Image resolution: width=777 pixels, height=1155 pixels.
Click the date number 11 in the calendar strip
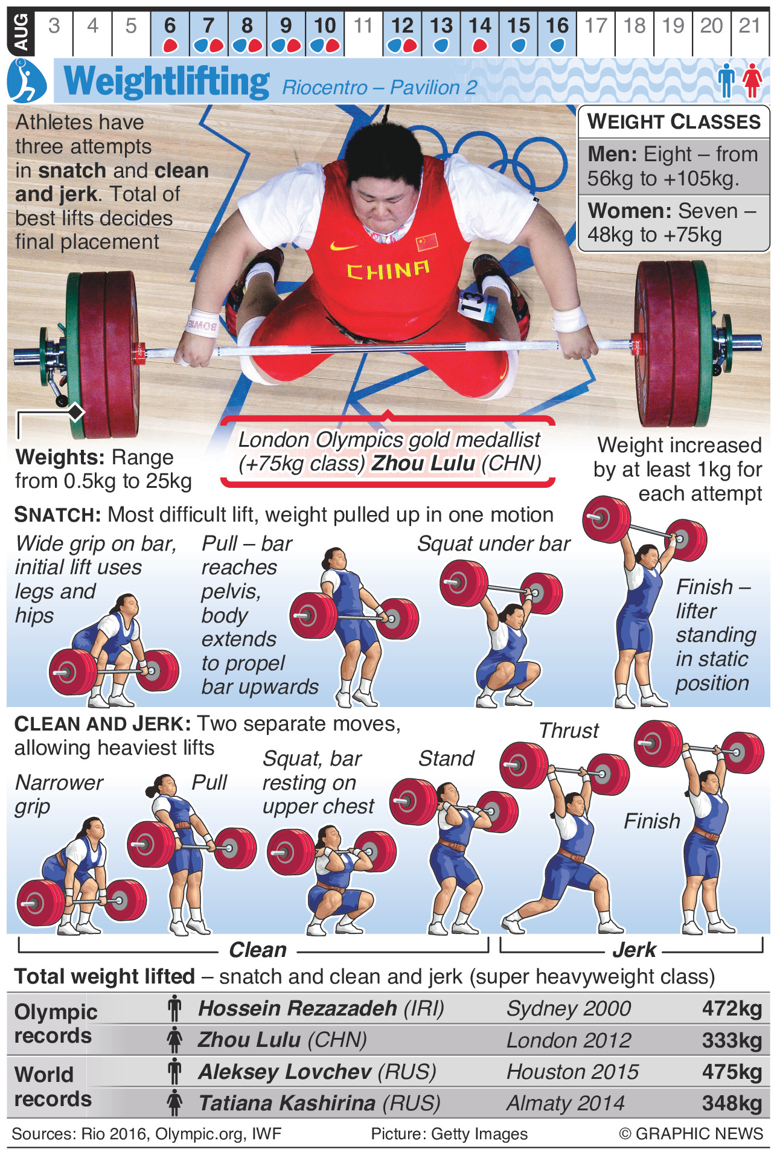click(363, 26)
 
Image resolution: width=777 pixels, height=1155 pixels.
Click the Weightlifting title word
click(167, 82)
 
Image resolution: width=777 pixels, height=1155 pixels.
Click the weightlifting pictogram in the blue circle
click(27, 81)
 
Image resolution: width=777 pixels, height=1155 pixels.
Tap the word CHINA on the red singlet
click(388, 270)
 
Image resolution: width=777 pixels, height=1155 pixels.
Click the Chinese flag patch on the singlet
click(427, 242)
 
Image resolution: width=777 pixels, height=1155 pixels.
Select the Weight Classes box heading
click(674, 122)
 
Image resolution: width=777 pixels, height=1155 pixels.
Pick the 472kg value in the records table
click(732, 1009)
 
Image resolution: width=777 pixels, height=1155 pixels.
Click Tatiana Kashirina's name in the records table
click(287, 1103)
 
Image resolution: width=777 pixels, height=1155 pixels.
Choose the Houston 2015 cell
click(572, 1072)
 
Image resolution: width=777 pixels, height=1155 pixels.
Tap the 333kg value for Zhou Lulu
click(732, 1040)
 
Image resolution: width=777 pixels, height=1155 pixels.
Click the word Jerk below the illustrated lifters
click(634, 950)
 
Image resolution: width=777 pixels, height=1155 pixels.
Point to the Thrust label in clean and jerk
click(569, 731)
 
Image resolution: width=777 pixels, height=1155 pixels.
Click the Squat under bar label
click(494, 544)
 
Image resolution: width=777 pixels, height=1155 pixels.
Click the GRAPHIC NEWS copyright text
click(691, 1134)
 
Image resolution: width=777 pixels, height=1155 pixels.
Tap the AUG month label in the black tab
click(21, 32)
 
